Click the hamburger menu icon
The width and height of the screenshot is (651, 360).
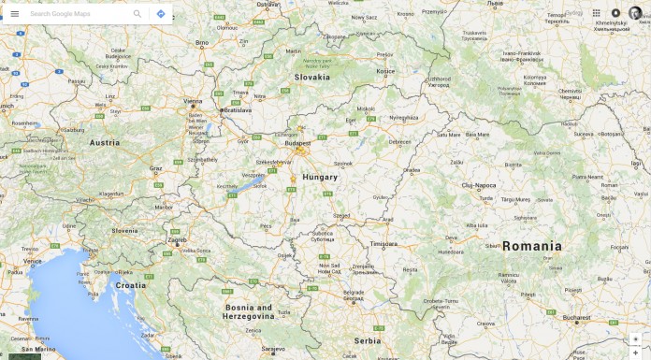point(15,14)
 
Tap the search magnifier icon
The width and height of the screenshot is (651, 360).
point(137,14)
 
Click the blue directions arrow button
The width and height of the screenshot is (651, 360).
point(161,14)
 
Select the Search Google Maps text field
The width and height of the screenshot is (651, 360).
point(75,14)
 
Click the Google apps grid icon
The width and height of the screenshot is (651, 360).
point(596,13)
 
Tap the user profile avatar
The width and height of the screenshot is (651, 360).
point(635,13)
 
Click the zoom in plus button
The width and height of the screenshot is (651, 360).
point(635,339)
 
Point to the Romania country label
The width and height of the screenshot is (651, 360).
point(532,247)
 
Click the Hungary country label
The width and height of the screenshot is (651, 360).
point(320,177)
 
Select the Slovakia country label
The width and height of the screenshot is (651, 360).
point(312,78)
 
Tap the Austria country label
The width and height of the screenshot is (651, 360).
point(105,143)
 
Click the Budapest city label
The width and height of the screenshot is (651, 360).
point(298,143)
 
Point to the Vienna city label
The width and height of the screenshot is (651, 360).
point(194,100)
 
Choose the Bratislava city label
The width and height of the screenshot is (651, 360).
point(237,110)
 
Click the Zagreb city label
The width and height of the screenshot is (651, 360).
point(177,239)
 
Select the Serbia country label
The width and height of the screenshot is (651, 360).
point(368,340)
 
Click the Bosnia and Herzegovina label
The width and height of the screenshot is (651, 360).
point(249,311)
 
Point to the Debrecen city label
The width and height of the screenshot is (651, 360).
point(400,142)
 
